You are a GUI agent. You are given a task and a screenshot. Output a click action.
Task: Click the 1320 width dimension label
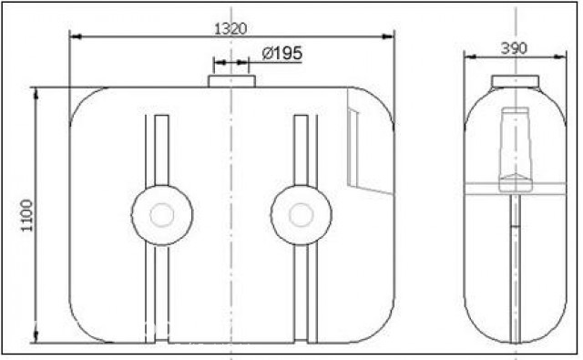click(230, 28)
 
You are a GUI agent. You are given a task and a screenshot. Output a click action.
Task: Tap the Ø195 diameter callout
click(281, 54)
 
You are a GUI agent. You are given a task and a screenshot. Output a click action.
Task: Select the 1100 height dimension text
click(26, 215)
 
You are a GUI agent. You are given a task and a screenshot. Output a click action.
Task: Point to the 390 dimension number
click(514, 48)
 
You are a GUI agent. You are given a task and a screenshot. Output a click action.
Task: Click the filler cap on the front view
click(231, 81)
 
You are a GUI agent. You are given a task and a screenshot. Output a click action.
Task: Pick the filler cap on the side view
click(516, 81)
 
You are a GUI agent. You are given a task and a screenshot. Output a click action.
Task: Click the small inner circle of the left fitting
click(162, 215)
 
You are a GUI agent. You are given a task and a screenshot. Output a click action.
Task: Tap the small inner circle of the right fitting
click(302, 215)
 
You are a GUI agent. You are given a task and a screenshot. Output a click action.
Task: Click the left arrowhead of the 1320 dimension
click(76, 36)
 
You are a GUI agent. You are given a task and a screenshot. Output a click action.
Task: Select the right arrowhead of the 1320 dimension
click(388, 36)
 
